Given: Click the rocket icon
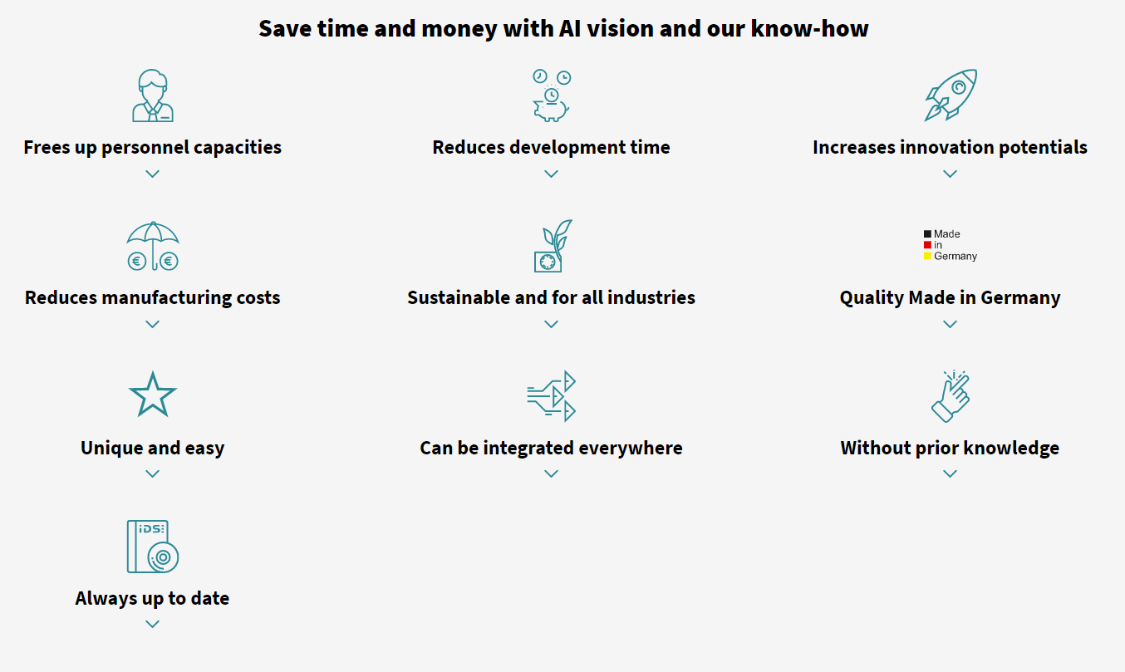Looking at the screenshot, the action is (951, 95).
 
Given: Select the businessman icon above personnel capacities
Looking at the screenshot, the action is (153, 96).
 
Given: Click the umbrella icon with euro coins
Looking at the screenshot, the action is (153, 246).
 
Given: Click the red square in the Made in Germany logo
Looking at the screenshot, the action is (927, 244).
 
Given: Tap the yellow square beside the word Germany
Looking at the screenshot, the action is (927, 256).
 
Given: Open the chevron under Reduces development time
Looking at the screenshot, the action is (552, 174).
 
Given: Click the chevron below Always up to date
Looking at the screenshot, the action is (153, 625).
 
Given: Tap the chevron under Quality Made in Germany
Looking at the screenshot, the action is (951, 325).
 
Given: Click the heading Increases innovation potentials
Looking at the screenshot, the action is (951, 147).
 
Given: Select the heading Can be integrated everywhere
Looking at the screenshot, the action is (552, 448).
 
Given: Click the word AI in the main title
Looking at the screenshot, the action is (570, 28).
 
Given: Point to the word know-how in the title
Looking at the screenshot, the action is (809, 28).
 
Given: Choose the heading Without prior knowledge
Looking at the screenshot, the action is (951, 448).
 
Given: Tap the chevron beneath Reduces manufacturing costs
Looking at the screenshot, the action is (153, 325).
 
